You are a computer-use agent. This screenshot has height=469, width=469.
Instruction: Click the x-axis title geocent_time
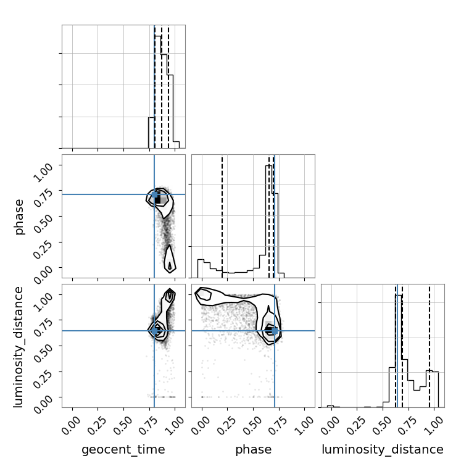123,450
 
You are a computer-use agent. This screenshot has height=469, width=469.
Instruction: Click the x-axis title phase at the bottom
254,450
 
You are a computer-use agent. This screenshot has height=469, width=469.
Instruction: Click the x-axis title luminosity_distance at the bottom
383,449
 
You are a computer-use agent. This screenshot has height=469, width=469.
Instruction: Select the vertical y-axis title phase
19,217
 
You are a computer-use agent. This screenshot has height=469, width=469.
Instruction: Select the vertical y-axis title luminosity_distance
18,347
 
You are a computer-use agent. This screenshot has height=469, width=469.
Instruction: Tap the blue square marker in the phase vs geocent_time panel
154,195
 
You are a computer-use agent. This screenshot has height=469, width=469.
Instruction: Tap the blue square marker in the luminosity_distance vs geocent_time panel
154,331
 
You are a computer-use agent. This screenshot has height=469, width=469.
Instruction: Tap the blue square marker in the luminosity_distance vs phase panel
275,331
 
